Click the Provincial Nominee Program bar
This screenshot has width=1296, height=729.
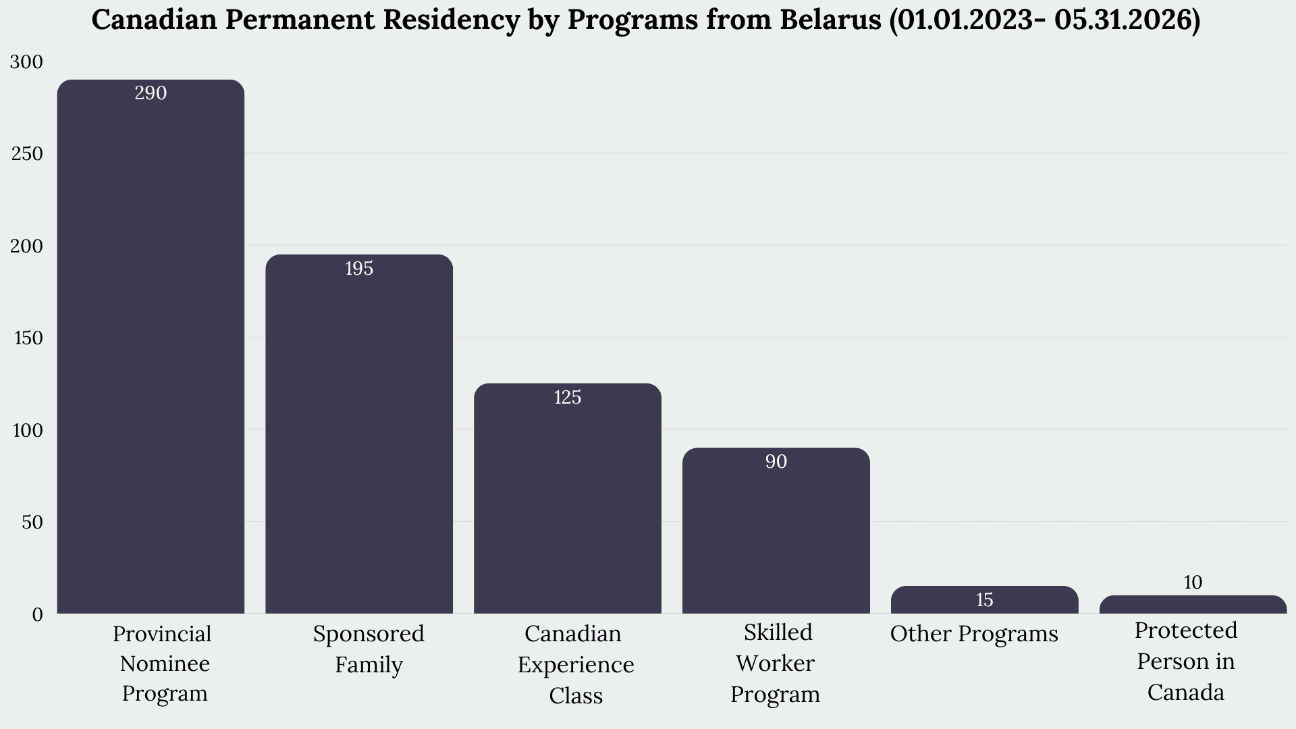[x=151, y=346]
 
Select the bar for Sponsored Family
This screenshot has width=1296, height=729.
[x=359, y=434]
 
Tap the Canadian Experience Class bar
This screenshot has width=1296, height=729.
[x=568, y=498]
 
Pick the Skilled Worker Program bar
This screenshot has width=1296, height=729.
[x=776, y=531]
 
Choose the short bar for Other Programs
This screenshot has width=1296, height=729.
[x=985, y=599]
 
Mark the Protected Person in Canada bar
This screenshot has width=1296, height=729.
[x=1193, y=604]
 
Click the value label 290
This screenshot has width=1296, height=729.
[x=151, y=93]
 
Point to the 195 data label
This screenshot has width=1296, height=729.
[x=359, y=269]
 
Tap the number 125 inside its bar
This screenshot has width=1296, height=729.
[x=568, y=398]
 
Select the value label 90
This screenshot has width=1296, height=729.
[x=776, y=462]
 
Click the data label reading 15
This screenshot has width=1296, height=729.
[x=985, y=600]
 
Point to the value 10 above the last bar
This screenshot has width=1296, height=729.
[x=1193, y=582]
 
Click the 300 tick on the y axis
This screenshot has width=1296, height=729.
[x=26, y=62]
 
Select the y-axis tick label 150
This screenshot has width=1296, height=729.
[x=28, y=338]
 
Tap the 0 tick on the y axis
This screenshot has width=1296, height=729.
[x=37, y=615]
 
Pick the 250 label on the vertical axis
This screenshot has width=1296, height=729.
[x=27, y=154]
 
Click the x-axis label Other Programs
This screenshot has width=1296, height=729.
[x=974, y=634]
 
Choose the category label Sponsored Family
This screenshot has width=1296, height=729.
[x=369, y=649]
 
